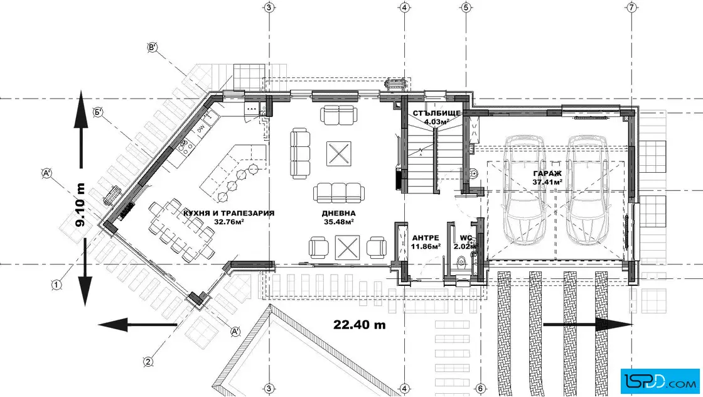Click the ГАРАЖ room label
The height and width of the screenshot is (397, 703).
tap(547, 173)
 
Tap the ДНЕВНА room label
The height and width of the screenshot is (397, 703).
tap(338, 214)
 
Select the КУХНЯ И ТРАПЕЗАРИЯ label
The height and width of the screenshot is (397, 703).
tap(228, 213)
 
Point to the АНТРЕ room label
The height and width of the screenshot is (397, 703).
tap(426, 237)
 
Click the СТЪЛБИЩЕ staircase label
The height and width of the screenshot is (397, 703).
tap(437, 113)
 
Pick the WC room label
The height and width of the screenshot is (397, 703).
tap(466, 237)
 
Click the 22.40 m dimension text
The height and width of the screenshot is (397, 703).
tap(360, 324)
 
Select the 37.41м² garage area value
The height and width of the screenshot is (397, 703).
tap(547, 182)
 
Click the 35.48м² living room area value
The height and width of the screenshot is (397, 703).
tap(338, 222)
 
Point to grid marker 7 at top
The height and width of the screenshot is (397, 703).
tap(631, 7)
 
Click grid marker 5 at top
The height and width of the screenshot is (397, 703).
tap(466, 7)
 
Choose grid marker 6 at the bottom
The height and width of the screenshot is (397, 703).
tap(480, 388)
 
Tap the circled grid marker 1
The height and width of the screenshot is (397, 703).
tap(56, 285)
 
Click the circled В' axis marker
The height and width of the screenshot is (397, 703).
tap(153, 47)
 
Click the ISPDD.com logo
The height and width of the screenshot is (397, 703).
tap(660, 381)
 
